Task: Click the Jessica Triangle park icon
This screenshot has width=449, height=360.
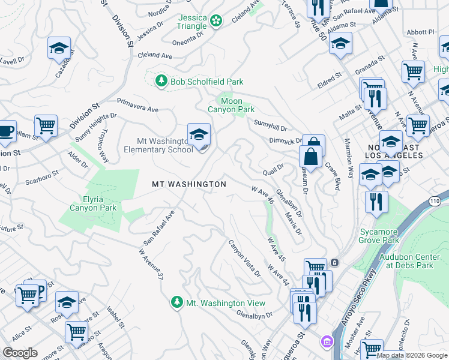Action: tap(216, 22)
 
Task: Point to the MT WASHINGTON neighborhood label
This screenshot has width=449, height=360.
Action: tap(188, 184)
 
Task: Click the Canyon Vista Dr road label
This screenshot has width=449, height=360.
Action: tap(244, 259)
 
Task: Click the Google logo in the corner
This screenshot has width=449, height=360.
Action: tap(20, 353)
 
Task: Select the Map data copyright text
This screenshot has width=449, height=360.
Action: tap(411, 355)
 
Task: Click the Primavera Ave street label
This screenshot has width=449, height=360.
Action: tap(137, 106)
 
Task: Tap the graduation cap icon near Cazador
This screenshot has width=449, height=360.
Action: tap(59, 48)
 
